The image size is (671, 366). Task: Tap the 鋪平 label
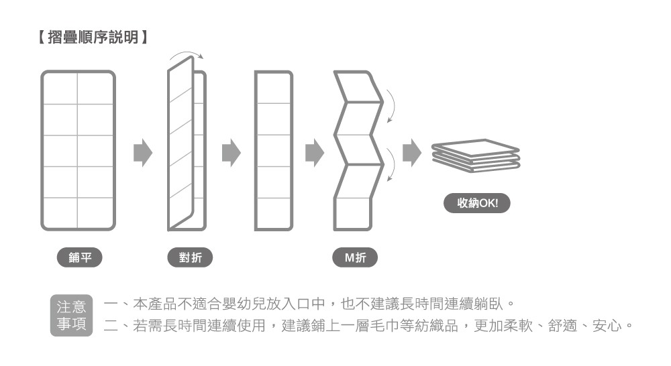[x=80, y=257]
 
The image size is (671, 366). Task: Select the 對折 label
[x=189, y=257]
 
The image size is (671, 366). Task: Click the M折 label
[x=355, y=257]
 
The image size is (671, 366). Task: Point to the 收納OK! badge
[x=477, y=203]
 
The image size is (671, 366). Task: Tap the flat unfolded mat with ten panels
[x=78, y=151]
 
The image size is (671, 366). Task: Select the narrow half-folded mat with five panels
[x=274, y=151]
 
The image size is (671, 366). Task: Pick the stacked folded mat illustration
[x=475, y=156]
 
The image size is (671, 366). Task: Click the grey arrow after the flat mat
[x=142, y=153]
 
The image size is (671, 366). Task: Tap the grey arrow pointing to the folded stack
[x=411, y=153]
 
